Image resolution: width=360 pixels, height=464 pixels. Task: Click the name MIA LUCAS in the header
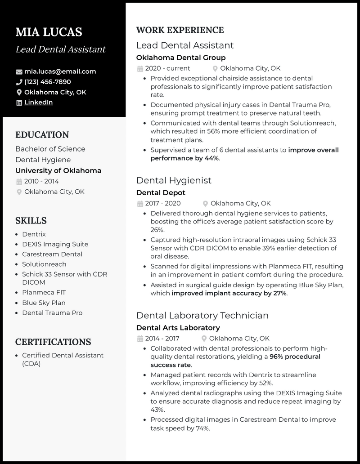tap(49, 32)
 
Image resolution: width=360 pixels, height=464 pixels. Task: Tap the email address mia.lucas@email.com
tap(60, 71)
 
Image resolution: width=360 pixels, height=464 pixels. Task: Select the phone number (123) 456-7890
tap(47, 82)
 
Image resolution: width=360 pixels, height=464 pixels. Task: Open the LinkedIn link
tap(38, 103)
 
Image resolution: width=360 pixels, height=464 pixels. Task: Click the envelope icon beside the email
tap(19, 72)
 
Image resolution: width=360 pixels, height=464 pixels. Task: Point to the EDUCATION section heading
tap(42, 135)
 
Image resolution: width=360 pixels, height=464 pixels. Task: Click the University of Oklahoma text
tap(58, 171)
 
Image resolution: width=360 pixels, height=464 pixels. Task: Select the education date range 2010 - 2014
tap(41, 182)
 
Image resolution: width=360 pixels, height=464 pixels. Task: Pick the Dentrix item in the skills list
tap(34, 234)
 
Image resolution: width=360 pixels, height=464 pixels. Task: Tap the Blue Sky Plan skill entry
tap(44, 303)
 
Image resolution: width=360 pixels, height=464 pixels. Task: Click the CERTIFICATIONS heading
tap(53, 342)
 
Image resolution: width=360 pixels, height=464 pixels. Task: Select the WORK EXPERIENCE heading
tap(180, 31)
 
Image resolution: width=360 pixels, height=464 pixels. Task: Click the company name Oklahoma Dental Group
tap(181, 58)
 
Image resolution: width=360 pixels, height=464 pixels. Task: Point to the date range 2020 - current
tap(167, 68)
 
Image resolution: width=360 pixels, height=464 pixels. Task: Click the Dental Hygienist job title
tap(174, 180)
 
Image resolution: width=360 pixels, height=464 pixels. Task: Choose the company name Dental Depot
tap(161, 193)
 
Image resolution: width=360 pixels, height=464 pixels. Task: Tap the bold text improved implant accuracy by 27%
tap(229, 294)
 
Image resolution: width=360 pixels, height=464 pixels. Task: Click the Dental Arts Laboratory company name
tap(178, 328)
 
